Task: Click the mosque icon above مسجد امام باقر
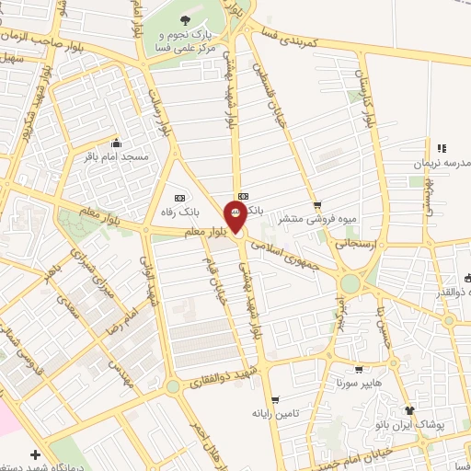tap(116, 144)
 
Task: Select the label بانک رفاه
tap(179, 213)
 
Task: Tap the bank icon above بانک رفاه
tap(178, 198)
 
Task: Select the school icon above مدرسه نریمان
tap(442, 147)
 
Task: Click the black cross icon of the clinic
tap(35, 454)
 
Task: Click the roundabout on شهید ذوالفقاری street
tap(173, 387)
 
